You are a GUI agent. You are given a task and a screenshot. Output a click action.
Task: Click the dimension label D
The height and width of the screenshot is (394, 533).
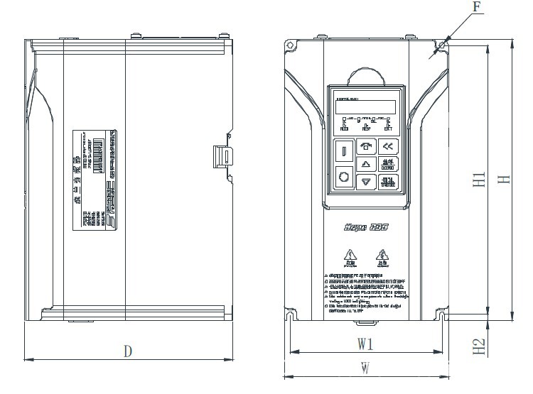point(128,351)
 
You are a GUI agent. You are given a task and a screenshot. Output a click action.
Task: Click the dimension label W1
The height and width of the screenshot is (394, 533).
point(365,344)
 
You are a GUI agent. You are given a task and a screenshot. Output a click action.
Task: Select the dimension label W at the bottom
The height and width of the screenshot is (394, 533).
point(365,368)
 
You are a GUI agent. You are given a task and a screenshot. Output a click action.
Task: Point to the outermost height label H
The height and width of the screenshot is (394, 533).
point(503,179)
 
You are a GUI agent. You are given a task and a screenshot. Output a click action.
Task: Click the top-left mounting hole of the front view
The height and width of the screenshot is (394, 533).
point(290,45)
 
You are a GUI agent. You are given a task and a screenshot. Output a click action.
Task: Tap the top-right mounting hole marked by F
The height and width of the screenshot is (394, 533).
point(443,45)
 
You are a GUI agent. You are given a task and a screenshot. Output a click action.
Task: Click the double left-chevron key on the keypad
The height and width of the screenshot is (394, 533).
point(387,147)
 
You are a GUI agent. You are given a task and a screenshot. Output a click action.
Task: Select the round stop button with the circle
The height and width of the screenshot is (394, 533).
point(344,177)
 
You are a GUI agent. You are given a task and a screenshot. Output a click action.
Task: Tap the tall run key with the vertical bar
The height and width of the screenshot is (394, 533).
point(344,151)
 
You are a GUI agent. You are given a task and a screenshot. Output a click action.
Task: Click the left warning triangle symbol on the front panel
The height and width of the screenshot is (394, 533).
point(349,254)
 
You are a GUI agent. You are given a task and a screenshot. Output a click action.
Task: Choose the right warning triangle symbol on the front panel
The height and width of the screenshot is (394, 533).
point(382,254)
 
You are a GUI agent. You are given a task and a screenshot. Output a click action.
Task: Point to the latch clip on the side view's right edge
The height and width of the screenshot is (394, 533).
point(223,155)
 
